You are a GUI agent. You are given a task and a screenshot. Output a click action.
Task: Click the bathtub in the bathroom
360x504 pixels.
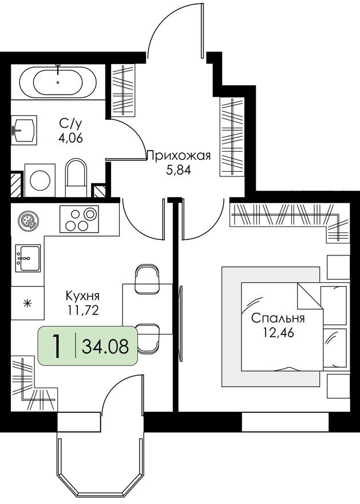pyautogui.click(x=58, y=82)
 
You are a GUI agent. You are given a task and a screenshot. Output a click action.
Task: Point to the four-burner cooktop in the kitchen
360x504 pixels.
pyautogui.click(x=79, y=219)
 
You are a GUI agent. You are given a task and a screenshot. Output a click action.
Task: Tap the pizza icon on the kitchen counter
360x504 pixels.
pyautogui.click(x=26, y=220)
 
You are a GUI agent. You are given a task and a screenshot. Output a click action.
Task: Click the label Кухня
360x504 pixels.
pyautogui.click(x=83, y=296)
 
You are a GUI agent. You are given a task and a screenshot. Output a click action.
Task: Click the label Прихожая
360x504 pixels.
pyautogui.click(x=179, y=155)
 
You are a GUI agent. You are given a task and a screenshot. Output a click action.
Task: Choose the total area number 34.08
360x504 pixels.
pyautogui.click(x=105, y=346)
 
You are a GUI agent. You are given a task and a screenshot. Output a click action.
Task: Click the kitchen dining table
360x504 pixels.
pyautogui.click(x=148, y=308)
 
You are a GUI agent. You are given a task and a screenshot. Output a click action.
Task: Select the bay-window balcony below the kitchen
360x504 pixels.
pyautogui.click(x=100, y=458)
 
